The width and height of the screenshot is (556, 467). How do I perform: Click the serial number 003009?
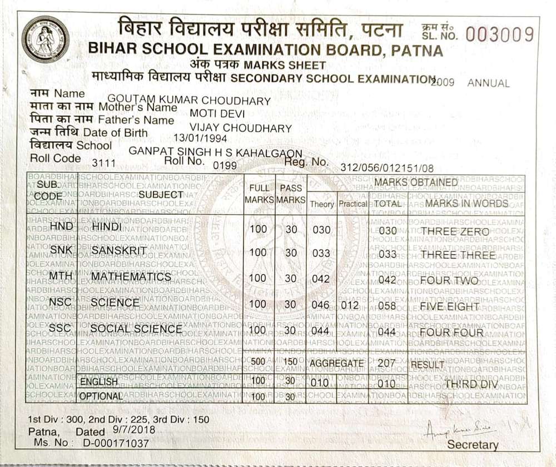(x=500, y=35)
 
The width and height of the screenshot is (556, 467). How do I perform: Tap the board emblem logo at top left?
(x=46, y=39)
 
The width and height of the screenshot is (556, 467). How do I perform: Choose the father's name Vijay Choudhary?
(x=241, y=128)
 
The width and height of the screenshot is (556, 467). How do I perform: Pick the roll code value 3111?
(x=103, y=163)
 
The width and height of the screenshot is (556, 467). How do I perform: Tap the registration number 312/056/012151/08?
(x=387, y=167)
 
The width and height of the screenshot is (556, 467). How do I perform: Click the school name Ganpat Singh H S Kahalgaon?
(x=215, y=152)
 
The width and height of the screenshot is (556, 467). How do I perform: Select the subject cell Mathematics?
(x=131, y=277)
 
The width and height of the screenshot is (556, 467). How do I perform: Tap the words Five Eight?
(x=450, y=306)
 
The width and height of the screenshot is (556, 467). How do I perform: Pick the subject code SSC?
(x=60, y=329)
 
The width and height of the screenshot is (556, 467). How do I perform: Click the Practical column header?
(x=353, y=204)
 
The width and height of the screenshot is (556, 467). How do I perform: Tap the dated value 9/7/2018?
(x=133, y=430)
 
